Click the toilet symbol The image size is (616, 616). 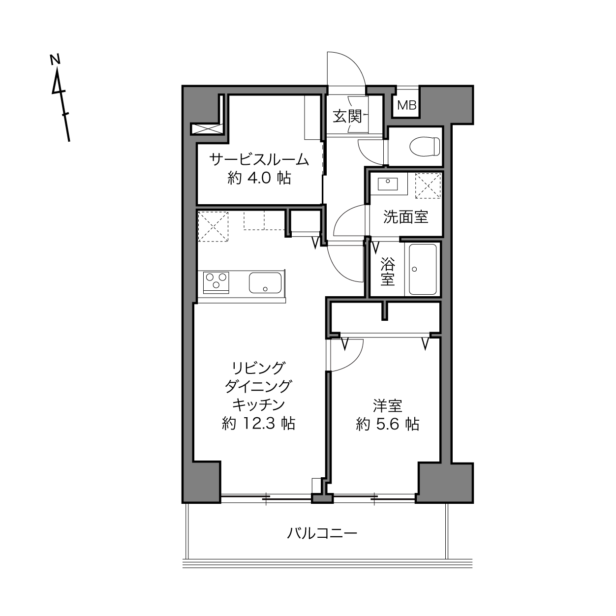tap(425, 147)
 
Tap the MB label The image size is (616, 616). tap(406, 105)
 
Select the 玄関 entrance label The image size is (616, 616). tap(347, 116)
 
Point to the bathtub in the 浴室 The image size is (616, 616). tap(423, 269)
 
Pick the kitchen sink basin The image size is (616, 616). tap(265, 282)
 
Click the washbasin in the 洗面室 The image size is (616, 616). tap(388, 184)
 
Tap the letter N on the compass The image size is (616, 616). tap(55, 60)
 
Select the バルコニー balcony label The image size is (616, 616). tap(322, 533)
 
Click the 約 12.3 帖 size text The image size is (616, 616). tap(258, 424)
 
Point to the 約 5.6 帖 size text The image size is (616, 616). tap(387, 425)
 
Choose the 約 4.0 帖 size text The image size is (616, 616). tap(259, 178)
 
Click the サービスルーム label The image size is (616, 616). tap(259, 159)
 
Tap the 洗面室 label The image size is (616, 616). tap(405, 217)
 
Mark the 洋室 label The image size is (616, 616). tap(387, 406)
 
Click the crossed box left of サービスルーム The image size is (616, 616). tap(206, 129)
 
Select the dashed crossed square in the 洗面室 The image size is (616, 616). tap(428, 185)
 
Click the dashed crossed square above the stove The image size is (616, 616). tap(213, 226)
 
